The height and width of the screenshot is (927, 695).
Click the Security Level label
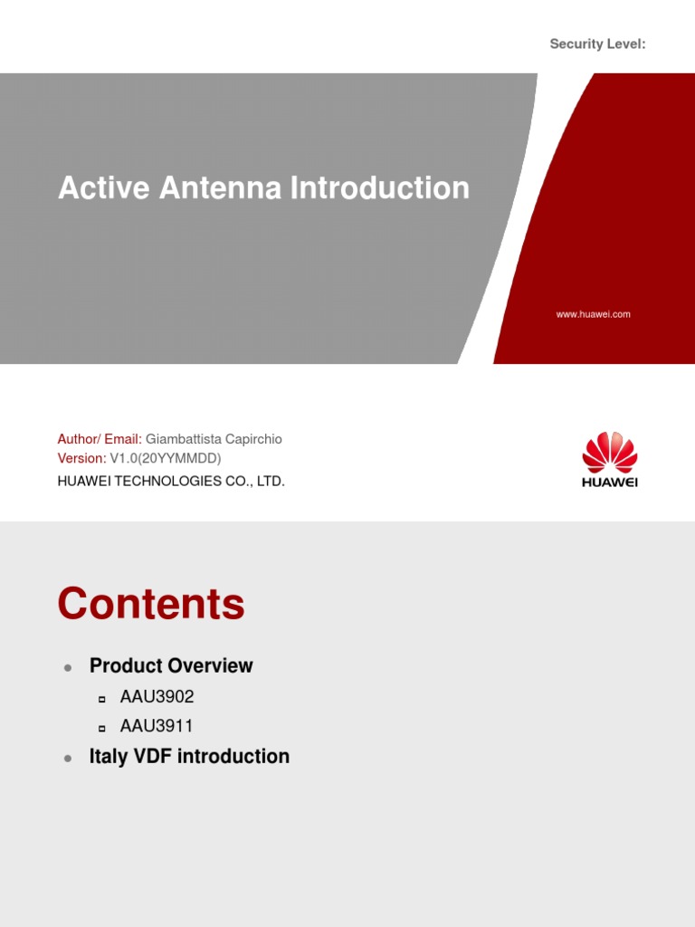(x=597, y=44)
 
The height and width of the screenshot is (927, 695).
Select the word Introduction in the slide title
(x=380, y=188)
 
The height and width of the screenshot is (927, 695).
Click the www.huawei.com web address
(x=593, y=314)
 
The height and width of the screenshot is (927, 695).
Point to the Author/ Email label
(x=100, y=439)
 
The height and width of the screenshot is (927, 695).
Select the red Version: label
(x=81, y=459)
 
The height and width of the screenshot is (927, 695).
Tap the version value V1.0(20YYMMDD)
(x=166, y=459)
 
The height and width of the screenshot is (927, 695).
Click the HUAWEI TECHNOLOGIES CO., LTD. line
(x=171, y=482)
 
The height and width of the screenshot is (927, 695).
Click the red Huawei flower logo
(x=609, y=452)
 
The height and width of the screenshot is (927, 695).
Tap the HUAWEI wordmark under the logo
(x=609, y=483)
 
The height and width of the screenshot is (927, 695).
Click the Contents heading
(x=151, y=604)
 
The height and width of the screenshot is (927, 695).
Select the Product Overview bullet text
(x=171, y=666)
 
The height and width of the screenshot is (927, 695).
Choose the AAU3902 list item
(x=157, y=697)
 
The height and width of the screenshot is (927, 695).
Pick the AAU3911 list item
(x=157, y=726)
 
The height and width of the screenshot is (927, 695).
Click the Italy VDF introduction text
(x=189, y=757)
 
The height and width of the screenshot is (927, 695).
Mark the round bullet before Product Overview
(x=68, y=668)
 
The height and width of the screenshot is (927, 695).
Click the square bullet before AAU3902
(x=102, y=699)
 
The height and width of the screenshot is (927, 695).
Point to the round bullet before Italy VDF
(x=68, y=759)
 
